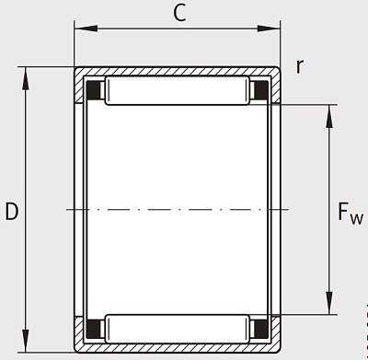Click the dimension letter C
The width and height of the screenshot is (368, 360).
click(179, 14)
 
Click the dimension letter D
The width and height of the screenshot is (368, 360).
click(12, 212)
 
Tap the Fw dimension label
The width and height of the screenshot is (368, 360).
click(351, 213)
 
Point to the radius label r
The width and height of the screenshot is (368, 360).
click(300, 66)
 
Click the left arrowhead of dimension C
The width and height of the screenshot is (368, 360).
click(86, 29)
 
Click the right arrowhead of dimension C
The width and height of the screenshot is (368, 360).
click(269, 29)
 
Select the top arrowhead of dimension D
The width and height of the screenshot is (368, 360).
click(26, 78)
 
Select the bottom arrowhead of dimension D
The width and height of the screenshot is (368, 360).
click(26, 341)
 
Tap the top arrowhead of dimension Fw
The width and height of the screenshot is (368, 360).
click(329, 116)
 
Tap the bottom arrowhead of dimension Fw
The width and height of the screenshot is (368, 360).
click(329, 303)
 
